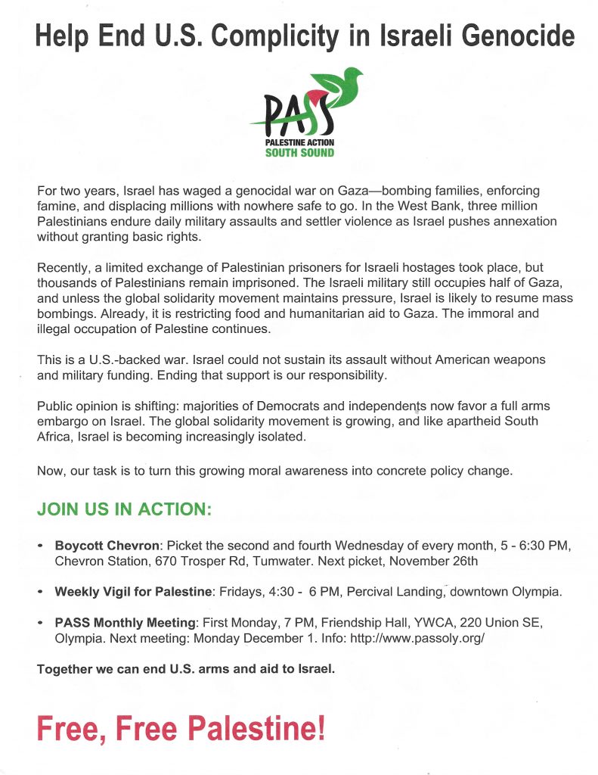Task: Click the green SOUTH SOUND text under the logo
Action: coord(299,153)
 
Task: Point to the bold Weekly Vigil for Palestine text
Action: coord(135,592)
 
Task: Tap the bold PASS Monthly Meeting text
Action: coord(125,623)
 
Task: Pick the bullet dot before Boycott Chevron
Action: coord(40,546)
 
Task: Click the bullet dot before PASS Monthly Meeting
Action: coord(40,623)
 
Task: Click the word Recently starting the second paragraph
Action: coord(64,269)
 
